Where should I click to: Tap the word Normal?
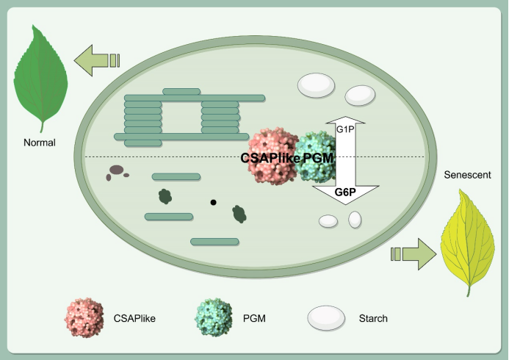(x=40, y=142)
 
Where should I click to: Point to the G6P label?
(x=345, y=193)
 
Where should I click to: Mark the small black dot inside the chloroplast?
(x=214, y=202)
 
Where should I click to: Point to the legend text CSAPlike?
(x=134, y=319)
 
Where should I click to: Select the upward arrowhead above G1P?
(x=345, y=119)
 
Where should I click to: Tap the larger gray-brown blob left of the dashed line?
(x=115, y=172)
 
